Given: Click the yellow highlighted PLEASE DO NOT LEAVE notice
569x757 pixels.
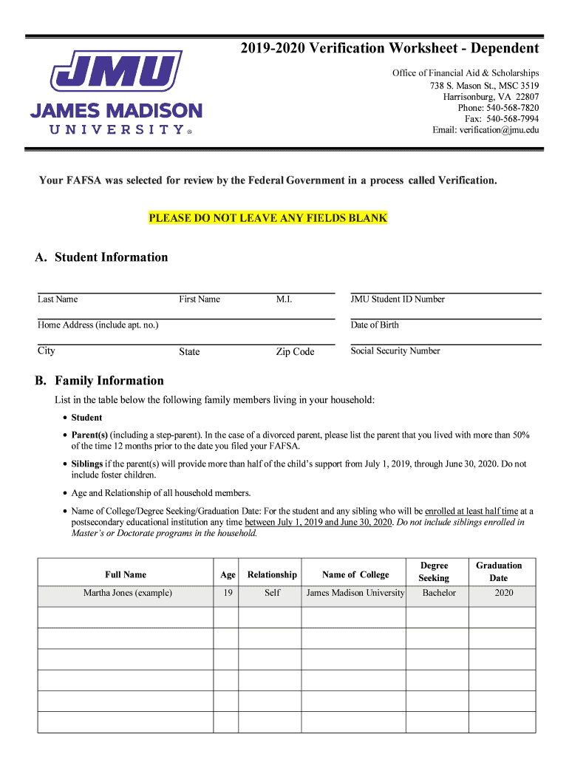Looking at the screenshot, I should (x=268, y=218).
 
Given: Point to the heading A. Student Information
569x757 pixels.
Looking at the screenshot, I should (x=101, y=257).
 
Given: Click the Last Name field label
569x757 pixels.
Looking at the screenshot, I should (x=58, y=299).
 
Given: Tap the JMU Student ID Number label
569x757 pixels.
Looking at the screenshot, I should (x=398, y=299).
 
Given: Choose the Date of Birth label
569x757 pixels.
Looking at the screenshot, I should (x=375, y=325).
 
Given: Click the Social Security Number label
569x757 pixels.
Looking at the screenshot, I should (x=395, y=351).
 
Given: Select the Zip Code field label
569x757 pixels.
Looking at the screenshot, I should (x=295, y=352).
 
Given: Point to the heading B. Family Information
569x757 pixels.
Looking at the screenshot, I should (x=100, y=381).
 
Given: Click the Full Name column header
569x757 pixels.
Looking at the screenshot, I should (x=126, y=574).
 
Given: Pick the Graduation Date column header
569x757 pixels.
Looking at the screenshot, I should (x=499, y=571).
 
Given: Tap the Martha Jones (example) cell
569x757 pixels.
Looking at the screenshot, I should (x=127, y=593).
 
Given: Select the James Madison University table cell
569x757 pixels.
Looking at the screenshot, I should (x=355, y=593).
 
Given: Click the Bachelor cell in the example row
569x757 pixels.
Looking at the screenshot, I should (x=439, y=593).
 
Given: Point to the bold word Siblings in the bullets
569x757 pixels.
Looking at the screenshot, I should (x=86, y=464).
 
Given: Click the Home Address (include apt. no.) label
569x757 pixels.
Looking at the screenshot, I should (x=98, y=325).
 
